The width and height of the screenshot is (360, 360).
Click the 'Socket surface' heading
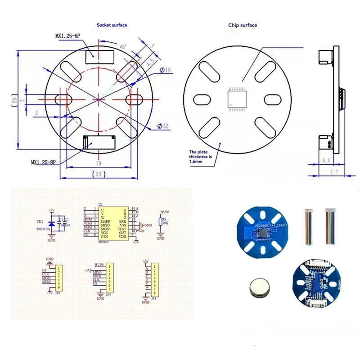112,25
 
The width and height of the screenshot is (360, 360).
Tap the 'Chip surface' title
242,25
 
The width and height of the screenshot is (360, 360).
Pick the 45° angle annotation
122,47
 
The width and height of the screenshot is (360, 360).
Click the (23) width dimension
99,174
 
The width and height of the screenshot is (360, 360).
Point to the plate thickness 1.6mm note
200,157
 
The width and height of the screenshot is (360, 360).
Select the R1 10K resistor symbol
160,221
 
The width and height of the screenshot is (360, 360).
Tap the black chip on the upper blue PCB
262,232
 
